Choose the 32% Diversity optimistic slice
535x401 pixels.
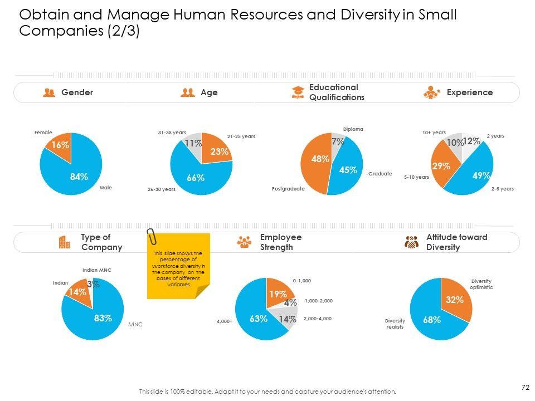click(455, 300)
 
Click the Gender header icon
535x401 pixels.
click(49, 92)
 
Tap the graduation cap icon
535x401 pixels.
click(298, 92)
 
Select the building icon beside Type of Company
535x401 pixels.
click(64, 242)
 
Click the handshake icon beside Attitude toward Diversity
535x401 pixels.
click(411, 242)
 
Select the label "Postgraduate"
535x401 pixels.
click(288, 189)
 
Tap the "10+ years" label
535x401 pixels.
click(434, 133)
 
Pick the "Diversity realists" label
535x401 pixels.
click(395, 324)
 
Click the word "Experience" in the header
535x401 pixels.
click(469, 92)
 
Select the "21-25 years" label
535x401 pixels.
click(241, 136)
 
